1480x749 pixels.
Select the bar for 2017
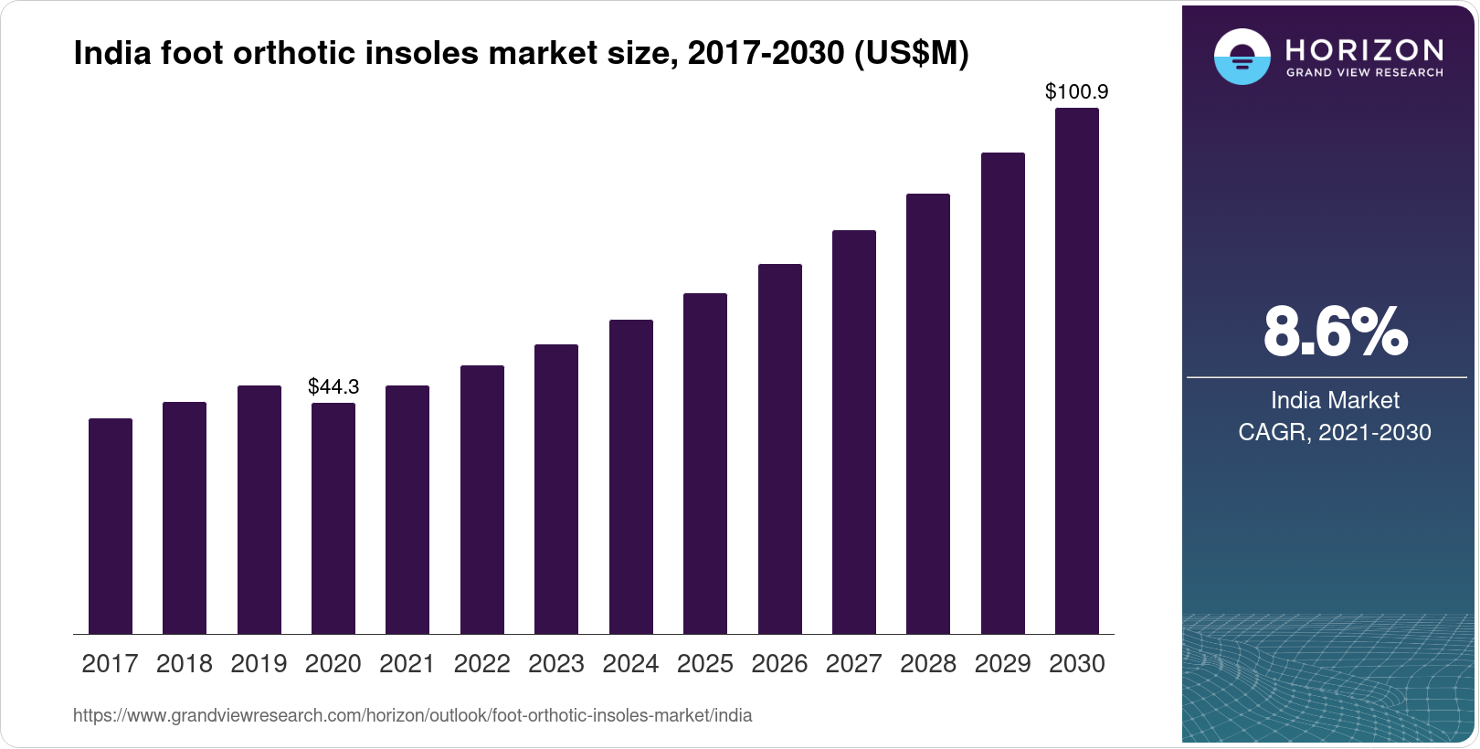click(111, 526)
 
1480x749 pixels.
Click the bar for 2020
click(333, 518)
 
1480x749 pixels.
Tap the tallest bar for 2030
click(1077, 371)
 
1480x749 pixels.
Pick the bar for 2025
click(705, 463)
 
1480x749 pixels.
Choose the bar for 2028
click(928, 414)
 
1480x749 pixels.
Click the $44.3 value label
click(333, 386)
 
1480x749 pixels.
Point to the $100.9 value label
click(1076, 91)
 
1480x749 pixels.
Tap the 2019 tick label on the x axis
click(259, 664)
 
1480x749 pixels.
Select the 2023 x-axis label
click(556, 664)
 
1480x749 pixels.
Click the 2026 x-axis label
click(779, 664)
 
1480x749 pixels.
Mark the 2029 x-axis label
click(1002, 664)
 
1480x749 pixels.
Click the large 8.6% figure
click(1335, 332)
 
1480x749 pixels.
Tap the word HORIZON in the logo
click(1364, 50)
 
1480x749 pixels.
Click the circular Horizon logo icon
click(1242, 57)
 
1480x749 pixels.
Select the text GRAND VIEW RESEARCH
click(1364, 73)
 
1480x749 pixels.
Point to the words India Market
click(1335, 400)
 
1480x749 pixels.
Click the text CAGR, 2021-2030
click(1335, 432)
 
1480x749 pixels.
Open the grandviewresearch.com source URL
click(412, 716)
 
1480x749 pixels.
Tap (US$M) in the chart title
click(911, 54)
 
